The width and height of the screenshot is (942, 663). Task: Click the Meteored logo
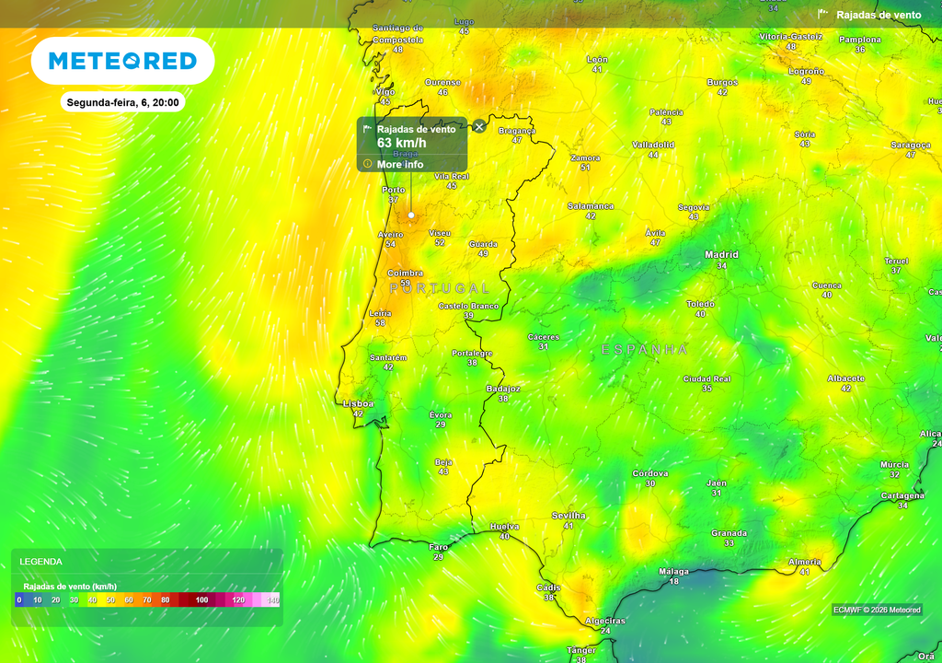click(x=122, y=61)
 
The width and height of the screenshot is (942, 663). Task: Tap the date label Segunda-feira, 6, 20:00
click(x=122, y=102)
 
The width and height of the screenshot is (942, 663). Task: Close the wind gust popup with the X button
click(x=479, y=126)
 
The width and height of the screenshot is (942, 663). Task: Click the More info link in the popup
click(x=400, y=164)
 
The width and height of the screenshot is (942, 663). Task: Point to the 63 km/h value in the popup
click(x=401, y=143)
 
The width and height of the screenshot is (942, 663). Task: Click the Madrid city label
click(x=721, y=254)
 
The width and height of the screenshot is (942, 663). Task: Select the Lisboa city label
click(x=358, y=403)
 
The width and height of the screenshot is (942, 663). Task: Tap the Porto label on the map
click(x=393, y=190)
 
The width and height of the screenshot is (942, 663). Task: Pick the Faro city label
click(x=439, y=547)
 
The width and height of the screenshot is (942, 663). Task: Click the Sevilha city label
click(x=569, y=516)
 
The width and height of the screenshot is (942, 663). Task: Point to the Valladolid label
click(x=653, y=145)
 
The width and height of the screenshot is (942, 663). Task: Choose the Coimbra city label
click(x=405, y=273)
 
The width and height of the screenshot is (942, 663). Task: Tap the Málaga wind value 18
click(x=673, y=581)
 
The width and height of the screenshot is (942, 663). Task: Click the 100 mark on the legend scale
click(x=202, y=599)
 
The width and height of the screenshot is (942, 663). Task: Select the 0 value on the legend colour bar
click(x=18, y=599)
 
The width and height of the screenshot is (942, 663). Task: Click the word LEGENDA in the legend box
click(x=41, y=561)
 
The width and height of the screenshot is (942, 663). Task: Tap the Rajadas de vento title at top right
click(x=879, y=15)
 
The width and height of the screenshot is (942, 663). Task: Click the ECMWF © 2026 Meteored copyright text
click(x=877, y=610)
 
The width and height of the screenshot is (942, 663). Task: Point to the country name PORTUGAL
click(x=440, y=288)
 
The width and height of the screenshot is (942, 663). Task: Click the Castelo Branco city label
click(x=468, y=305)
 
